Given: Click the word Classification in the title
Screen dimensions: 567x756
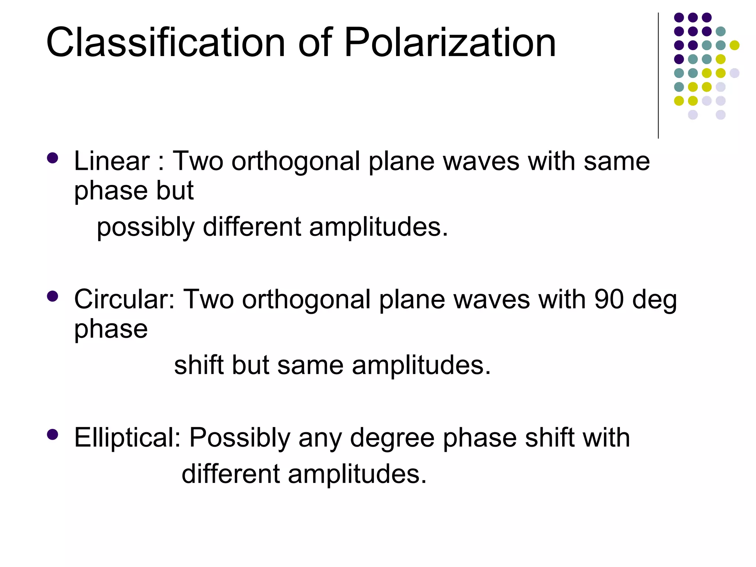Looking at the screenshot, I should (x=166, y=43).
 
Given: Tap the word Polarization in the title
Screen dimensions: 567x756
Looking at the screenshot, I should (x=450, y=44).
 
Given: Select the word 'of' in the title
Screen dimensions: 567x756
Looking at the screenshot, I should (x=315, y=43).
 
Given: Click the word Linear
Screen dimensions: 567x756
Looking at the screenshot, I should (x=112, y=161).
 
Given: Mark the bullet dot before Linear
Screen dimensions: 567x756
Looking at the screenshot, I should (x=53, y=158).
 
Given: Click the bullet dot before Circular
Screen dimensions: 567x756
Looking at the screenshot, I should (x=53, y=296).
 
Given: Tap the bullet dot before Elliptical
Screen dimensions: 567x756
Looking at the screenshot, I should (x=53, y=434).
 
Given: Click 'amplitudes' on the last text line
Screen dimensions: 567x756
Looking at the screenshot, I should (x=357, y=474).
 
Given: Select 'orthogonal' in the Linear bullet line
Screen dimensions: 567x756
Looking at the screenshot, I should (x=296, y=162).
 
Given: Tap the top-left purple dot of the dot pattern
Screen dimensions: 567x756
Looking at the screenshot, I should (x=679, y=17).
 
